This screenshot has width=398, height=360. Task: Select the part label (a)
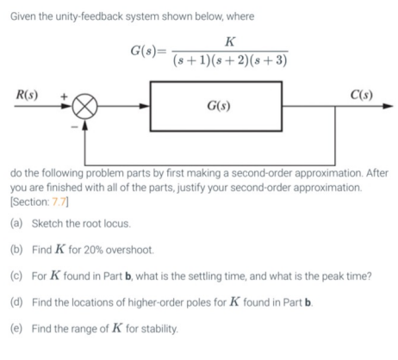(16, 223)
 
